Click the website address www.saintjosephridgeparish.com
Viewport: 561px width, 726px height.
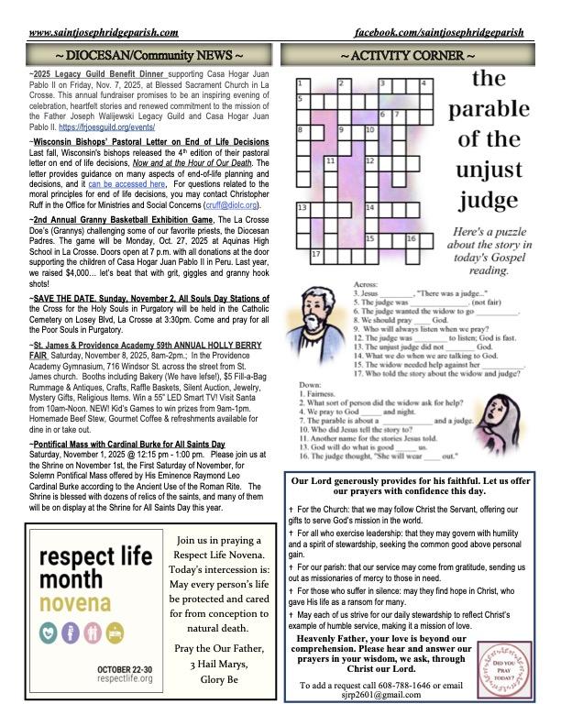(107, 33)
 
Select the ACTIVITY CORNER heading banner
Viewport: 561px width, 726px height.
(408, 56)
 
